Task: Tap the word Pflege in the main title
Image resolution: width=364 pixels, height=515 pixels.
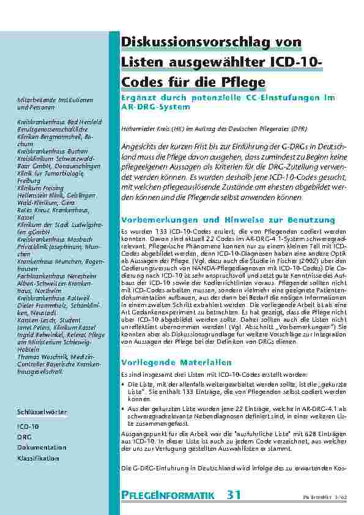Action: point(242,82)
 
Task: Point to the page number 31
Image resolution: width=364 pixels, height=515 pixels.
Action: point(234,494)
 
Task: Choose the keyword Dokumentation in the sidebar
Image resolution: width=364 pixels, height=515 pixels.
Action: point(42,447)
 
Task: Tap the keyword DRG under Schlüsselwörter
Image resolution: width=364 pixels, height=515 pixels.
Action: point(24,436)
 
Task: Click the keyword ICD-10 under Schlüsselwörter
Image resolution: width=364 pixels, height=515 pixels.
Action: point(28,425)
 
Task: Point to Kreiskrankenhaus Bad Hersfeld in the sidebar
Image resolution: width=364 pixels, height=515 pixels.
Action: point(56,123)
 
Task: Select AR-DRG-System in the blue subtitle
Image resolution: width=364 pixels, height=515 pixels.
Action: point(156,107)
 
